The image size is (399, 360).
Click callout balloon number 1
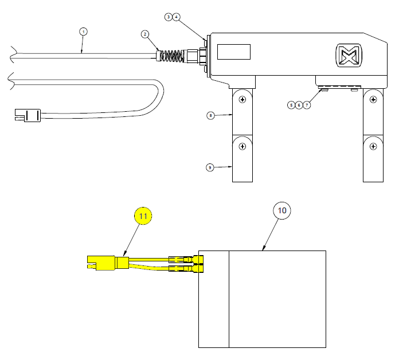click(83, 32)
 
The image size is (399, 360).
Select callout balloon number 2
click(146, 34)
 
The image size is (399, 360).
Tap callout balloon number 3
click(169, 17)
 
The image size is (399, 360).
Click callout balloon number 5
click(291, 105)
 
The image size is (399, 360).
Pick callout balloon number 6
click(299, 105)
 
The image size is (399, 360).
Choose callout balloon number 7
click(307, 105)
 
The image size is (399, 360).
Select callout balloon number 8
click(210, 115)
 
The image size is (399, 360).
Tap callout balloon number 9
click(210, 167)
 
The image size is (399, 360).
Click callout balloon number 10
click(281, 211)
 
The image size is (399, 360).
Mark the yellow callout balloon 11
click(143, 216)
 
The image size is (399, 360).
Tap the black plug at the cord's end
click(26, 116)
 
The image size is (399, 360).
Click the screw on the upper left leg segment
click(242, 100)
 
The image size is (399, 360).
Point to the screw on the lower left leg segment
click(242, 146)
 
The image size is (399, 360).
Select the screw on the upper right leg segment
click(373, 100)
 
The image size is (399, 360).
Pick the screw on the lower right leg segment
click(373, 146)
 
